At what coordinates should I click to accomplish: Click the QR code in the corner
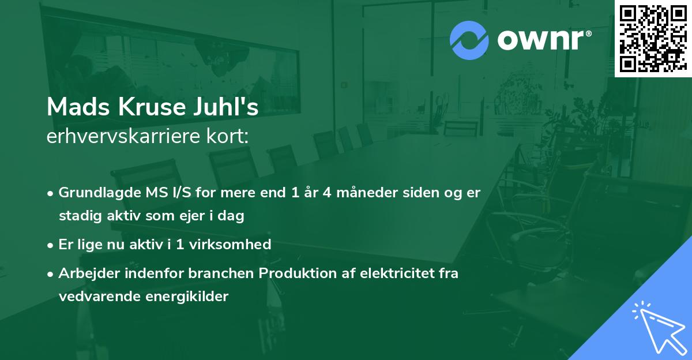pyautogui.click(x=653, y=38)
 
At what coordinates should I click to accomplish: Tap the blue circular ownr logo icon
pyautogui.click(x=469, y=40)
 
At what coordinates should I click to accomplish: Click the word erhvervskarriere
pyautogui.click(x=124, y=137)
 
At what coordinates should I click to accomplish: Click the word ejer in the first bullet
pyautogui.click(x=181, y=216)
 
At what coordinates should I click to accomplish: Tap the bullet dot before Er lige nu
pyautogui.click(x=51, y=245)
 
